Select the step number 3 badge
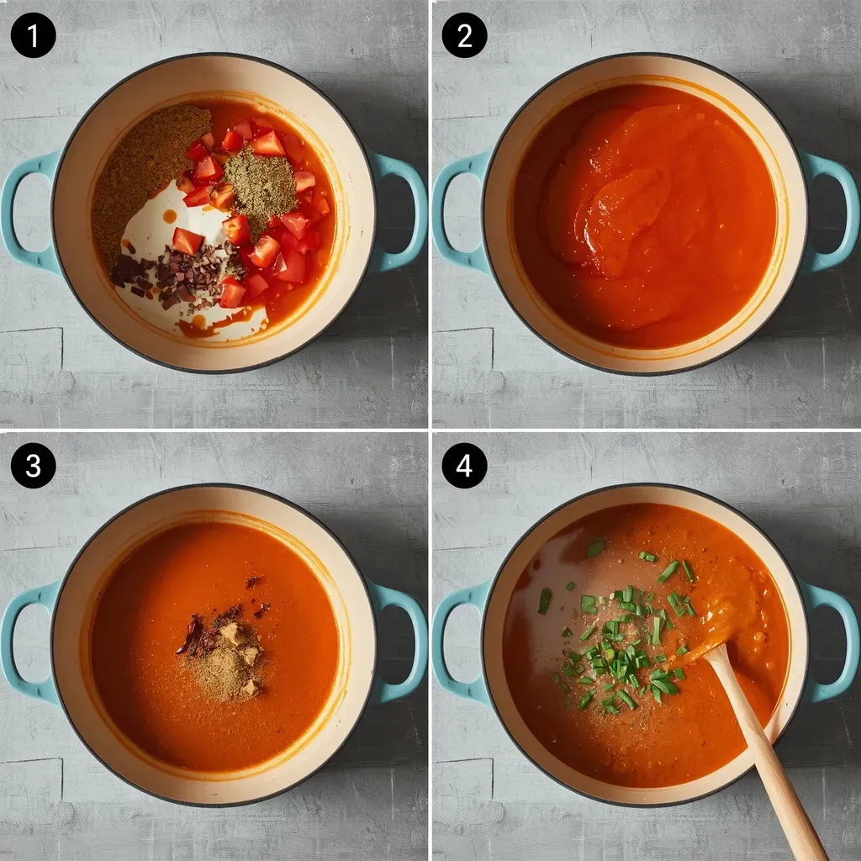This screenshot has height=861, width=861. point(34,466)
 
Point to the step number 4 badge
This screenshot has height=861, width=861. point(464,466)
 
